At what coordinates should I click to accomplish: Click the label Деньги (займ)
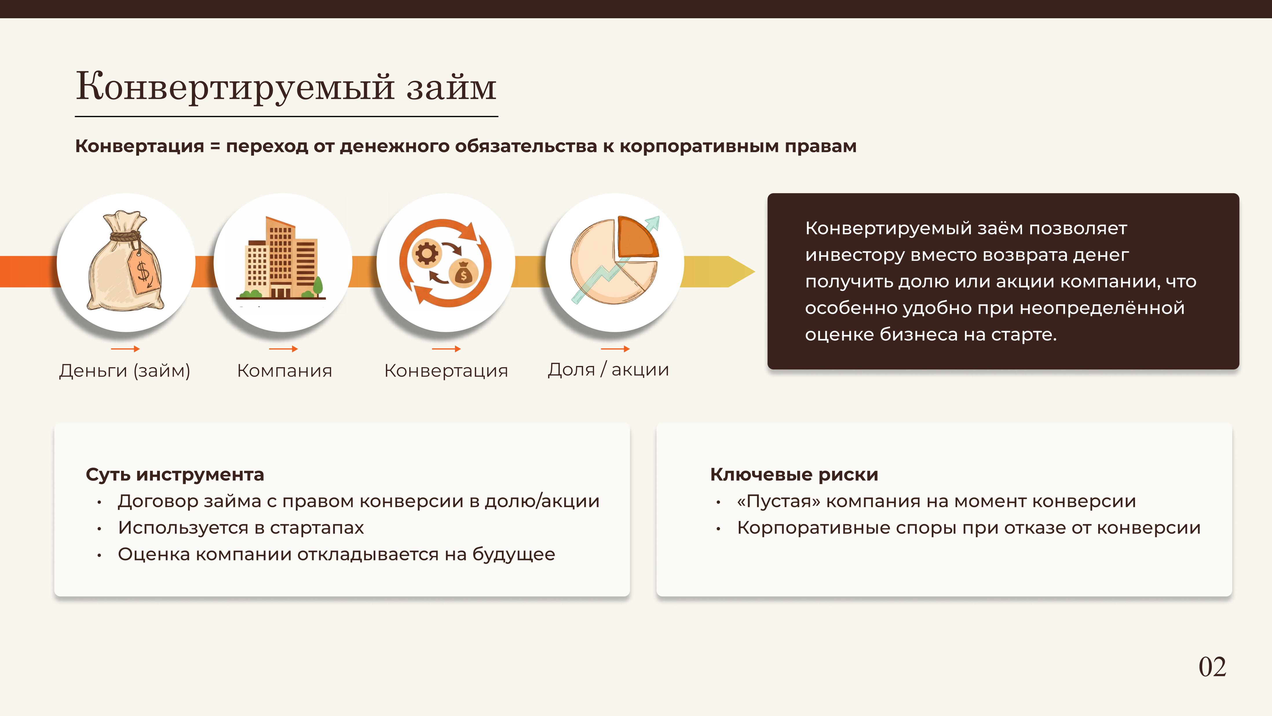tap(125, 371)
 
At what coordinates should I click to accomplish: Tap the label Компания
tap(284, 371)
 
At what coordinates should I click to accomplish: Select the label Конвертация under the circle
tap(446, 371)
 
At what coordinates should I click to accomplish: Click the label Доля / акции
tap(608, 370)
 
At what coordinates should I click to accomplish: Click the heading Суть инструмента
tap(175, 474)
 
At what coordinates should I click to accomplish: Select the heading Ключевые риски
tap(794, 474)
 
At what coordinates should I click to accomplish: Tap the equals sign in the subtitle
tap(215, 147)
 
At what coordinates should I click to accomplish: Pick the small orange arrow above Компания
tap(284, 349)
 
